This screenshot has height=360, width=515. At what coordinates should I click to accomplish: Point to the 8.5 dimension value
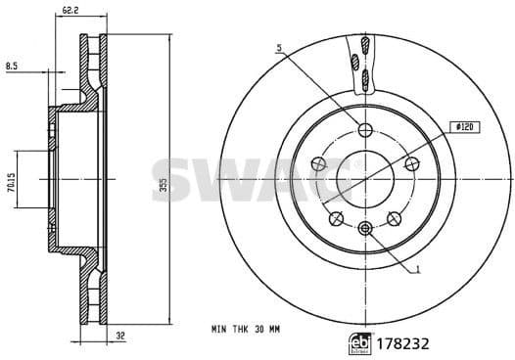12,67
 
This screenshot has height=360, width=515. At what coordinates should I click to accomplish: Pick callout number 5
279,47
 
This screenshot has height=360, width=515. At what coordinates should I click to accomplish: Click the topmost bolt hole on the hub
365,132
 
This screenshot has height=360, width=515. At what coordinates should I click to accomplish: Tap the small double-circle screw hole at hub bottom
365,229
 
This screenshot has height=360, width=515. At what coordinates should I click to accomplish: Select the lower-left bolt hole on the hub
336,219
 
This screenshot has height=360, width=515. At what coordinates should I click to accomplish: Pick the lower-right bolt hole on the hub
394,219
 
